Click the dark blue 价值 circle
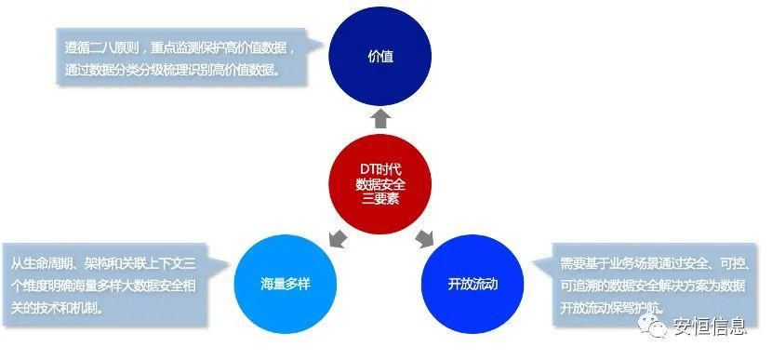380,57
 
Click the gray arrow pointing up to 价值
380,117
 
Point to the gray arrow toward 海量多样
340,237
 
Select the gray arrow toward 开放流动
423,236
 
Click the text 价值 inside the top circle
380,57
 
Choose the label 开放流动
472,284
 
